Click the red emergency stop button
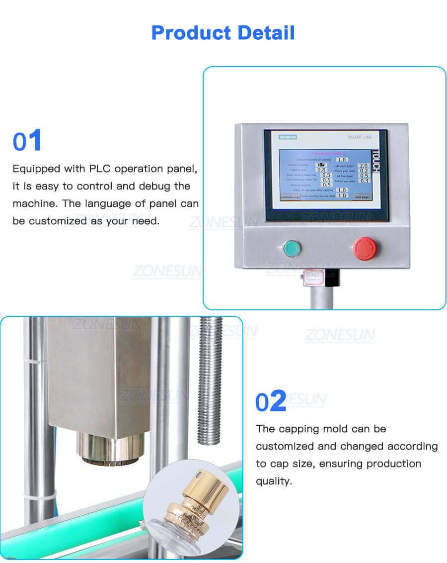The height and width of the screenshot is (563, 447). point(365,248)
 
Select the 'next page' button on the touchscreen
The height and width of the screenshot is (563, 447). point(361,197)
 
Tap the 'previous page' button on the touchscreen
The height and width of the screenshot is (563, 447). point(290,197)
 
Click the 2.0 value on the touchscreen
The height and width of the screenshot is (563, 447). point(364,165)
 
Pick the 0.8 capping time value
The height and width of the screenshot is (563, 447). point(321,170)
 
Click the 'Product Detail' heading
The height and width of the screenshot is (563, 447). point(223,33)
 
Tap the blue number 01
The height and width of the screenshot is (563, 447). point(27,141)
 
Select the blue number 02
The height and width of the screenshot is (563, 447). point(271,402)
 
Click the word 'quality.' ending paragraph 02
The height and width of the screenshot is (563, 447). point(273,481)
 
